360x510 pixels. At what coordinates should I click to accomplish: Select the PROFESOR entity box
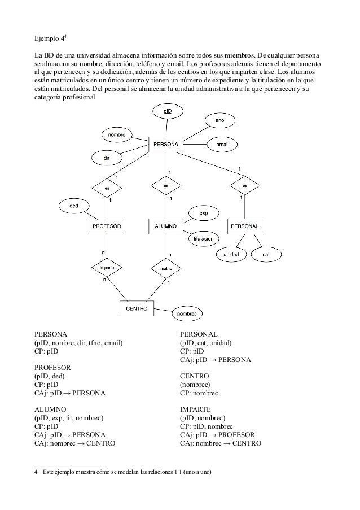click(107, 226)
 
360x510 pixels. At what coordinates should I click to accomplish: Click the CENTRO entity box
click(137, 308)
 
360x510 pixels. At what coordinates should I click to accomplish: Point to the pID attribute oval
click(168, 112)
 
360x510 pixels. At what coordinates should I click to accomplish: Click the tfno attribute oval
click(219, 121)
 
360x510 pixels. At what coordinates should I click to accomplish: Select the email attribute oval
click(222, 145)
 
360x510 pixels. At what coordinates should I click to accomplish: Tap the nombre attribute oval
click(117, 135)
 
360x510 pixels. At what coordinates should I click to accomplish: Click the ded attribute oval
click(74, 206)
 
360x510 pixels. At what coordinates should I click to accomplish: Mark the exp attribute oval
click(204, 213)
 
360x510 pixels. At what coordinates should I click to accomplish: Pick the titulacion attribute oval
click(203, 239)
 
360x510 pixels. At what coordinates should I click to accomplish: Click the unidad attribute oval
click(231, 255)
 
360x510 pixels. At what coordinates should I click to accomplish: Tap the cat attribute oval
click(266, 255)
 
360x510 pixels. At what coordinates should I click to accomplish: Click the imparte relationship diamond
click(107, 268)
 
